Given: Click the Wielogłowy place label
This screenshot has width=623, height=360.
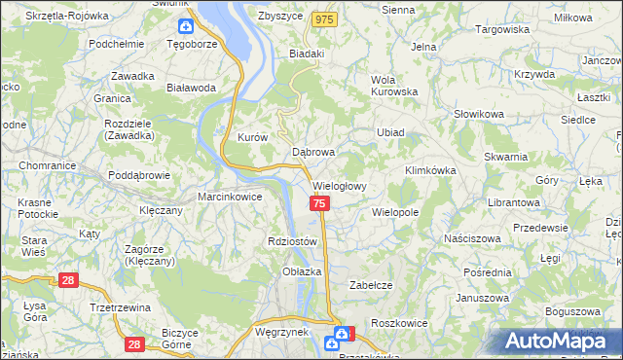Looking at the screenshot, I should (339, 186).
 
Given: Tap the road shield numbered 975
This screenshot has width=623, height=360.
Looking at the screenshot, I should (325, 18).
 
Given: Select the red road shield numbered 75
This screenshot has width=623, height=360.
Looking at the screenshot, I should (320, 203).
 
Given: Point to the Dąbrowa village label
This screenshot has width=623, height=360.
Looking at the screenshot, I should (313, 153).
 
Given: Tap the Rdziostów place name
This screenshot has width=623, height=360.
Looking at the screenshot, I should (292, 241).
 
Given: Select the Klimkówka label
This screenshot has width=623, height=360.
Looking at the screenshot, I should (429, 170).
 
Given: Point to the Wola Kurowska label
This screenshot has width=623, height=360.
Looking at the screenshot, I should (393, 86).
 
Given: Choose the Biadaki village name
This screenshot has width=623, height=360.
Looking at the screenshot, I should (306, 54).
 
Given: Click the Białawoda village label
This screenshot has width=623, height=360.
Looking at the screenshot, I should (191, 88).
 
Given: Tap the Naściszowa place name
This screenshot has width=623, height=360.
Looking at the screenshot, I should (471, 238).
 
